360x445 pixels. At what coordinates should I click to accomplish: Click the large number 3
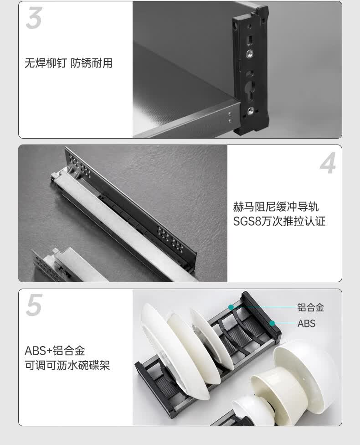(34, 18)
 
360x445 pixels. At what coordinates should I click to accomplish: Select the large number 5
(34, 305)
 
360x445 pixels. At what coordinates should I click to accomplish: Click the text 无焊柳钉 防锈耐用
(68, 63)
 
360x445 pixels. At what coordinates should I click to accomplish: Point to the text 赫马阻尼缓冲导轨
(276, 207)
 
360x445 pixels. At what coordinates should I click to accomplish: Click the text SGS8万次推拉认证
(279, 222)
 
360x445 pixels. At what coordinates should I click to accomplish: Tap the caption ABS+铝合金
(55, 351)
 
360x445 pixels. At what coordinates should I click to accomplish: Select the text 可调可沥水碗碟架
(67, 365)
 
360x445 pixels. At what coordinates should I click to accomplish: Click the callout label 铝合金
(311, 307)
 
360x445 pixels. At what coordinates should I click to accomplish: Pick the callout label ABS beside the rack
(306, 323)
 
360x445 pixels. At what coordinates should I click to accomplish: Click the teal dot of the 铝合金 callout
(231, 307)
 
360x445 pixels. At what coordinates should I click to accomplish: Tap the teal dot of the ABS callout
(272, 323)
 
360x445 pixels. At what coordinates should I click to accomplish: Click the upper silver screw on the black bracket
(249, 53)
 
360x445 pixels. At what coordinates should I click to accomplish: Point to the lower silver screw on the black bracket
(251, 111)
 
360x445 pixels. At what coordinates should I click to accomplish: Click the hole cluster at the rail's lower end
(170, 238)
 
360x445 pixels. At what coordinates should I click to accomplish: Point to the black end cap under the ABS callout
(261, 315)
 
